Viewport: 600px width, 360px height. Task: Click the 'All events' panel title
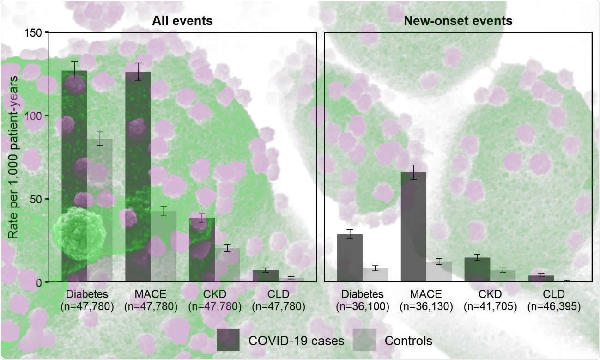[x=183, y=21]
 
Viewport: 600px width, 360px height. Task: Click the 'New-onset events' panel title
[x=458, y=21]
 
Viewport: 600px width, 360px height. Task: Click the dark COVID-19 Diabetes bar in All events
[x=74, y=176]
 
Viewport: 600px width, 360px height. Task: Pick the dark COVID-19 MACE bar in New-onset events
[x=413, y=226]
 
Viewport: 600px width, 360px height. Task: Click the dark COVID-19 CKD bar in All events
[x=202, y=250]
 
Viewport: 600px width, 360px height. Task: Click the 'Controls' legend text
[x=408, y=341]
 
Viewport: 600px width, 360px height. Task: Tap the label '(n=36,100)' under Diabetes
[x=363, y=305]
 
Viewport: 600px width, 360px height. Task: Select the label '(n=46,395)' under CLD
[x=553, y=305]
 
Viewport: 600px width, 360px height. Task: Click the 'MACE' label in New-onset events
[x=426, y=294]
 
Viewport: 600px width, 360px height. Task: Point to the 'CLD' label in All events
[x=278, y=294]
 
